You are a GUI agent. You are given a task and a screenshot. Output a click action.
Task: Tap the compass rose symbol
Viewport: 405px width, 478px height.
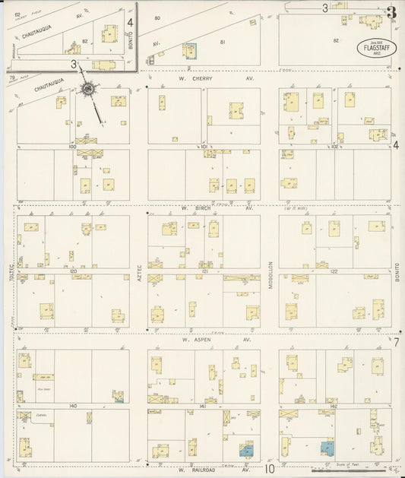[88, 89]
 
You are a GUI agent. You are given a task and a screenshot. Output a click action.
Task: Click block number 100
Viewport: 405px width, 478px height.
[73, 146]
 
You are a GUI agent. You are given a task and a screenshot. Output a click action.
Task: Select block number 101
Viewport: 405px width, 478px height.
[204, 146]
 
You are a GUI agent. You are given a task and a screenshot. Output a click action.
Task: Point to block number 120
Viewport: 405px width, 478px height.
[73, 270]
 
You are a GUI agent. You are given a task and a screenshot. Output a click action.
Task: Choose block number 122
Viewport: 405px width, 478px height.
[334, 270]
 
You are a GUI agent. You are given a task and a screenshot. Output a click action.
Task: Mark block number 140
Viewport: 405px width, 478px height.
[73, 406]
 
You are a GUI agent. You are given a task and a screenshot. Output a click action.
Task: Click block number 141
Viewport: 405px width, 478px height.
[204, 406]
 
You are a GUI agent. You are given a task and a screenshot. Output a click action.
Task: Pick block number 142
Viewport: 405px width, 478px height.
[334, 406]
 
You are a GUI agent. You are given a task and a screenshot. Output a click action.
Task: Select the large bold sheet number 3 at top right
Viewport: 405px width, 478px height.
[391, 11]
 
